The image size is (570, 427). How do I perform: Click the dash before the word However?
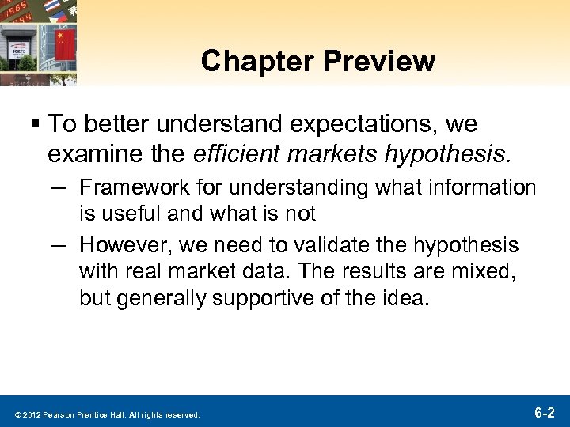[x=57, y=245]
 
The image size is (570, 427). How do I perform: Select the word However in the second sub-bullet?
[x=116, y=245]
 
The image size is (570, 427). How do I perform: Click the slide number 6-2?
[x=544, y=412]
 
